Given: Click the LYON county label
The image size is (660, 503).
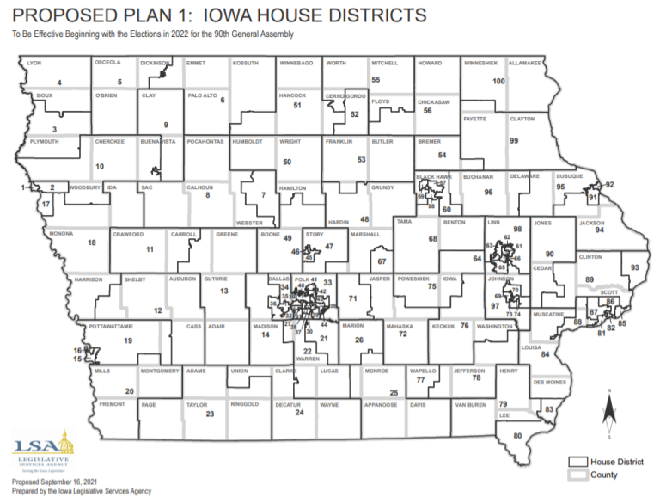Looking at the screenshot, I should (35, 64).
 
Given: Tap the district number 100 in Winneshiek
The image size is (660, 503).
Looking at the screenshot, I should (498, 80).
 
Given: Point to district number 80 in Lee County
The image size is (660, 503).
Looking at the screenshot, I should (517, 437).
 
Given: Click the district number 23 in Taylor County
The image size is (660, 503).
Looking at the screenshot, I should (210, 414).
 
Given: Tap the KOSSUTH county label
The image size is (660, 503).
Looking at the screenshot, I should (245, 64).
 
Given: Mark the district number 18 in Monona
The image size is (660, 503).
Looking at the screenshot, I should (91, 243).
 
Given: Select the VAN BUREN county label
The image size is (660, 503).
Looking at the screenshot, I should (471, 403).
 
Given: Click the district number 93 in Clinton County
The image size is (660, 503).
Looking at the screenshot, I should (635, 268).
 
